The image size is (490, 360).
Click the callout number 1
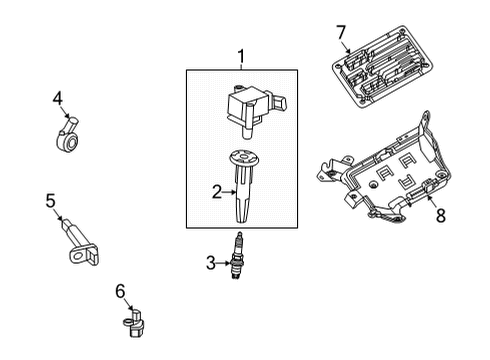click(240, 56)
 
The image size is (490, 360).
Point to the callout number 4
click(58, 97)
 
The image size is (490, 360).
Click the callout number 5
click(50, 200)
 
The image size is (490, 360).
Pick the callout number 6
click(120, 291)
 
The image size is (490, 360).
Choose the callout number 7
click(341, 34)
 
